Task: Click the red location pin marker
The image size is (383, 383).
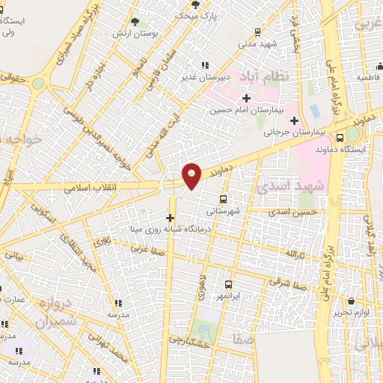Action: [x=192, y=175]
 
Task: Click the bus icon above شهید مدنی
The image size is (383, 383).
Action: [x=257, y=32]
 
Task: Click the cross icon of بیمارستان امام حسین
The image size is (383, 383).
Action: [x=246, y=98]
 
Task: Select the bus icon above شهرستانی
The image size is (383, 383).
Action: [x=223, y=199]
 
